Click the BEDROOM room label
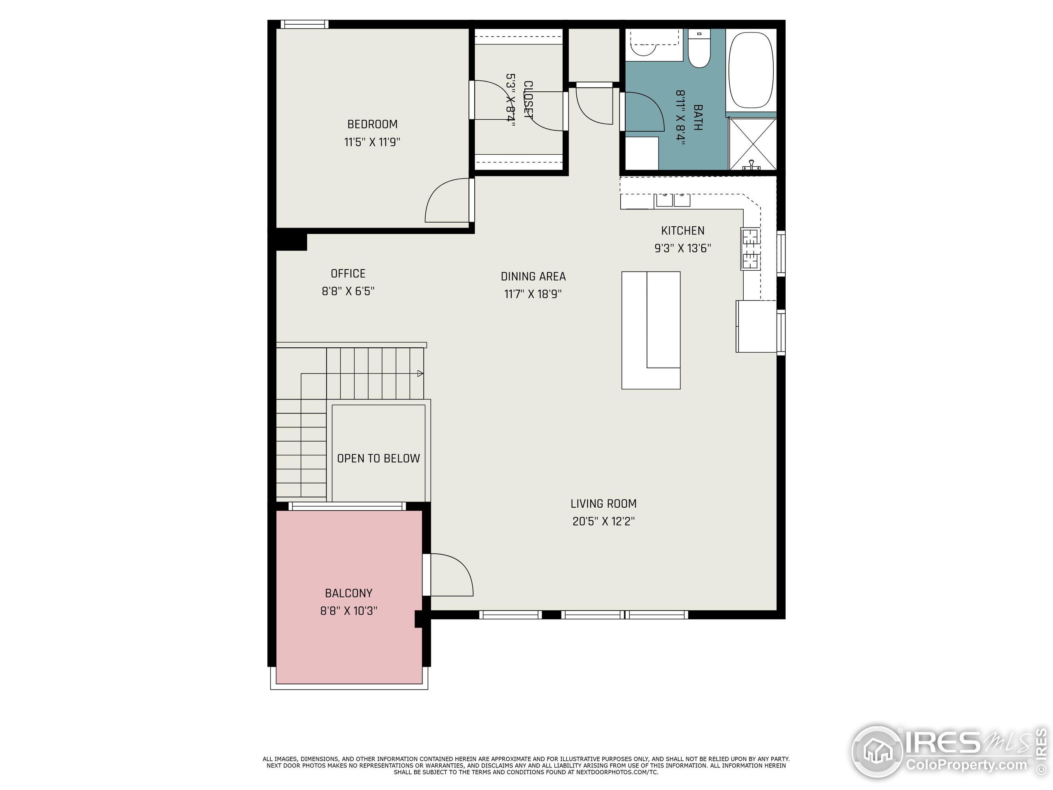pos(372,124)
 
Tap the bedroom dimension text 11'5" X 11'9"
pos(372,142)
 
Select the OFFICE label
pos(348,274)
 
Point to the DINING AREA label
pos(533,276)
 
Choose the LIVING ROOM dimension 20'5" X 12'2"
pos(603,521)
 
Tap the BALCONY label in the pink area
pos(348,593)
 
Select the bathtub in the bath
pos(751,70)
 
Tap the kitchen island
pos(651,330)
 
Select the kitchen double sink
pos(673,200)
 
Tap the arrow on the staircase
pos(420,374)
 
